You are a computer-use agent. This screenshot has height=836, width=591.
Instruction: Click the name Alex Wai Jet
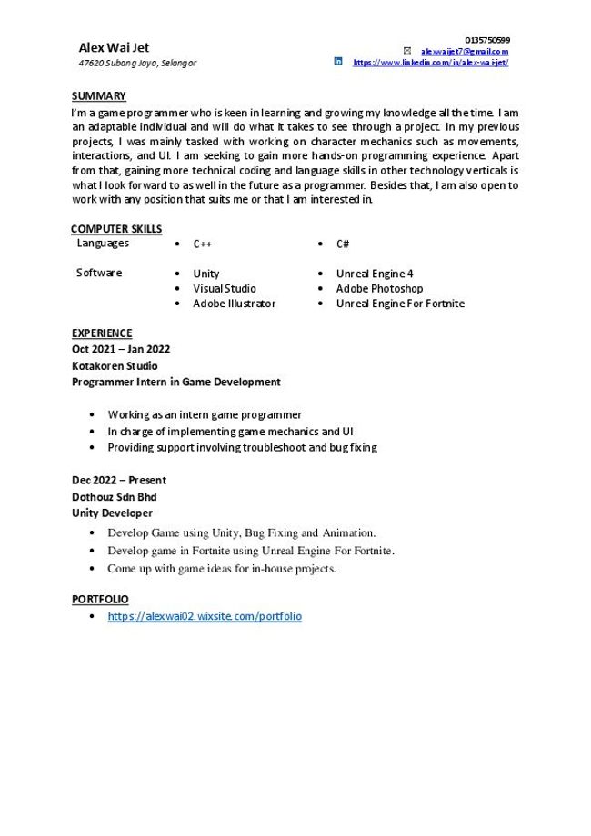pos(114,47)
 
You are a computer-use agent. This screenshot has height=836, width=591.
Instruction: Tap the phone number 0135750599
pos(487,40)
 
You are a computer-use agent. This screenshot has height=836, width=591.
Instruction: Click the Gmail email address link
pos(464,52)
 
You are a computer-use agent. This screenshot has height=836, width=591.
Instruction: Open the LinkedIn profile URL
pos(430,63)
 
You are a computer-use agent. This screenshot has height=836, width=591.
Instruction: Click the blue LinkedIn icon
pos(338,62)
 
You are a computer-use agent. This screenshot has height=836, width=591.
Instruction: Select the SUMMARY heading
pos(98,95)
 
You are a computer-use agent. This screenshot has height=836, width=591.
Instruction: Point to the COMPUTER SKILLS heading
pos(116,228)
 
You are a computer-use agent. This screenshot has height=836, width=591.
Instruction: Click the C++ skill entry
pos(202,244)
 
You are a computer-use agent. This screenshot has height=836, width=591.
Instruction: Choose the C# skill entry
pos(343,244)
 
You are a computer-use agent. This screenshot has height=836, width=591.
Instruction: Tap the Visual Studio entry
pos(225,289)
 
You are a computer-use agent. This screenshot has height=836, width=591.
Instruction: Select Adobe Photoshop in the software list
pos(379,289)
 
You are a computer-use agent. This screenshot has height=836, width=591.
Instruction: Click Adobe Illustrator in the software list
pos(234,304)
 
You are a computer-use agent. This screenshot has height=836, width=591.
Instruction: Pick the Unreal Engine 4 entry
pos(375,274)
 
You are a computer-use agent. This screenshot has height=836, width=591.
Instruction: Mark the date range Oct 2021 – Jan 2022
pos(121,349)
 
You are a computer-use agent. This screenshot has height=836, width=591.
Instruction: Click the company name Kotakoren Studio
pos(115,365)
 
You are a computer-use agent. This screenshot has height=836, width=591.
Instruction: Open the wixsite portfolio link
pos(205,616)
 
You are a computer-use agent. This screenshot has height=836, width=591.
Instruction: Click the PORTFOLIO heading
pos(100,600)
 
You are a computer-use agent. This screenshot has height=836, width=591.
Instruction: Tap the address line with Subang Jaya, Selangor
pos(137,64)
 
